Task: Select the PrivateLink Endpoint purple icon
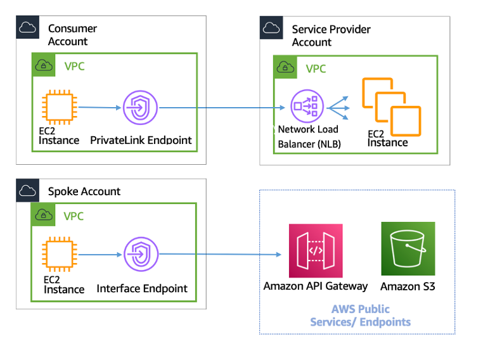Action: coord(140,107)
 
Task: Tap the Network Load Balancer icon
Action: coord(307,107)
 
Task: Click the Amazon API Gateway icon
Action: coord(316,250)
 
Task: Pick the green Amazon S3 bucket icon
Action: coord(408,248)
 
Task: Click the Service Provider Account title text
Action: coord(331,35)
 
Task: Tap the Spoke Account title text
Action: coord(84,191)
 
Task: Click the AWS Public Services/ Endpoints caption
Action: coord(360,316)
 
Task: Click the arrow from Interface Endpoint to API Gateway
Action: coord(219,255)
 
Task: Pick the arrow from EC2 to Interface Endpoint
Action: coord(99,255)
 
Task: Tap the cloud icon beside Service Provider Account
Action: coord(272,28)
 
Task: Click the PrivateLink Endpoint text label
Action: coord(141,140)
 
